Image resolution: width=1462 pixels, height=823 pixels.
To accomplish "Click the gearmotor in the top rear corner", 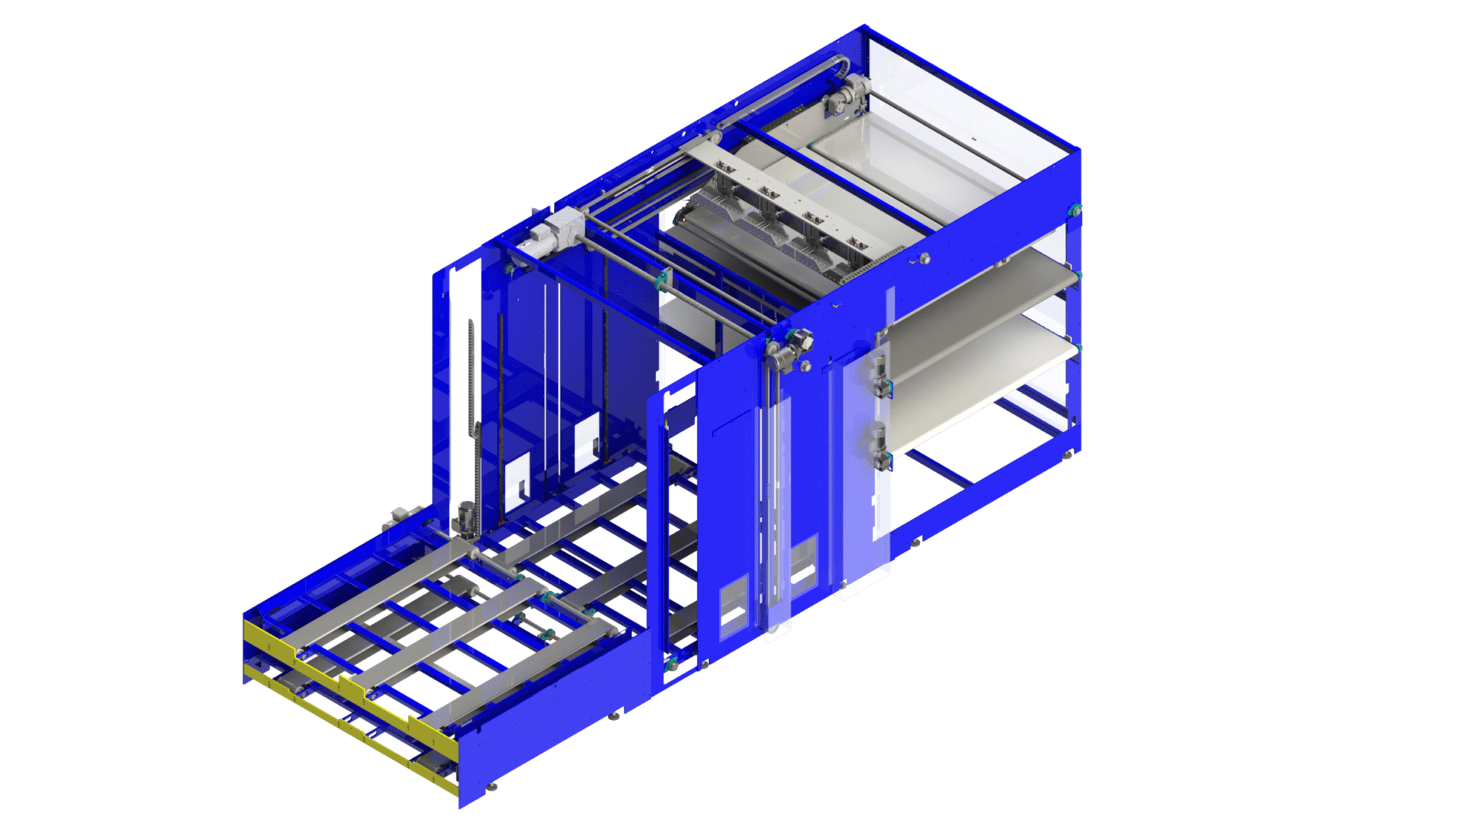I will coord(846,96).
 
